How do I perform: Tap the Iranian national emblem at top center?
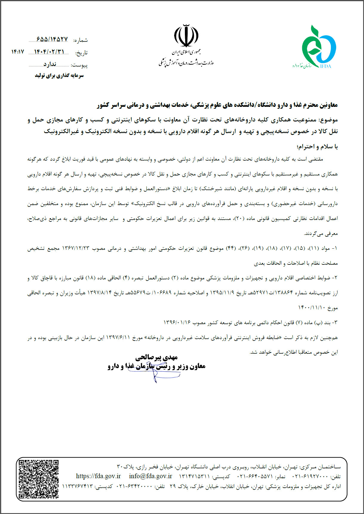tap(186, 36)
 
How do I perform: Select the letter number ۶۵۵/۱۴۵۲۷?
tap(52, 39)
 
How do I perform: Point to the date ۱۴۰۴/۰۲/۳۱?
tap(49, 52)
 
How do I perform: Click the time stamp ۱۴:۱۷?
tap(18, 52)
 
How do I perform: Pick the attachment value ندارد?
tap(50, 64)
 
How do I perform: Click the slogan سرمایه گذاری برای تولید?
tap(59, 76)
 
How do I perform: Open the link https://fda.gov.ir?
tap(98, 476)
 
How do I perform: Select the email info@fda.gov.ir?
tap(150, 476)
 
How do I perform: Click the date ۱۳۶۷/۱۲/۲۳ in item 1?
tap(75, 248)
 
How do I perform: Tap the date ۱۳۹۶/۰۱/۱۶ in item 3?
tap(177, 323)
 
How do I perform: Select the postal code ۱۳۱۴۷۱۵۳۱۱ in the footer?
tap(194, 476)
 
